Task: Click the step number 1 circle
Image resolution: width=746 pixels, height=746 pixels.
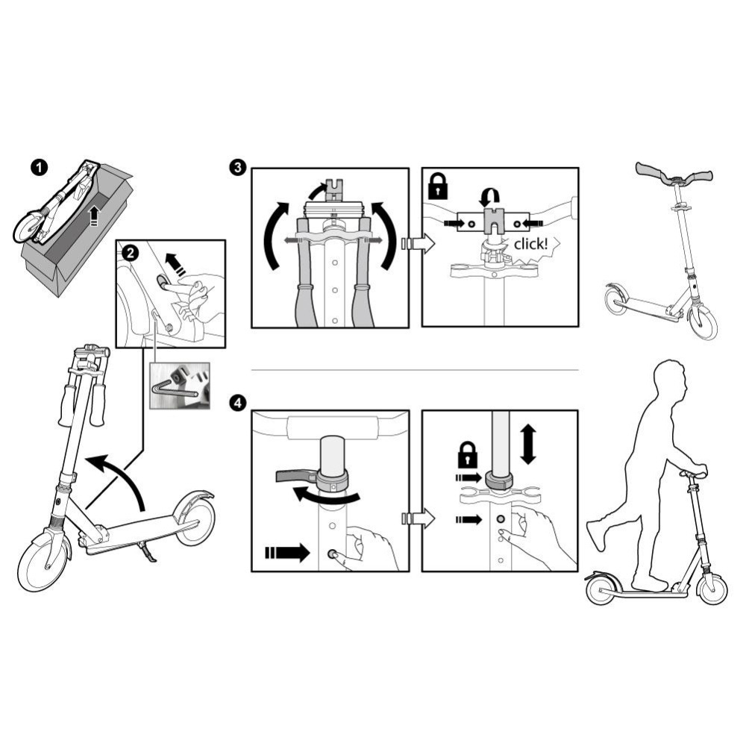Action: point(39,167)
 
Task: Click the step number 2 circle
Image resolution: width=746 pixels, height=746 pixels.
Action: point(131,253)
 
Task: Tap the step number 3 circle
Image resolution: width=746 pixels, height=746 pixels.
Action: point(237,167)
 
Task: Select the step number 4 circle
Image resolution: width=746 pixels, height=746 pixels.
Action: point(238,404)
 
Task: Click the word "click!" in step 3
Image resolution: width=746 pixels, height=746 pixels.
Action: point(531,244)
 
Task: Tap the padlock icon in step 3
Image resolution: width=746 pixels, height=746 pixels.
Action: point(438,186)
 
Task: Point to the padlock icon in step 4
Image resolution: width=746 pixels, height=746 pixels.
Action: point(468,454)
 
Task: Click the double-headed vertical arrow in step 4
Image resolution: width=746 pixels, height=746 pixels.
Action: point(528,445)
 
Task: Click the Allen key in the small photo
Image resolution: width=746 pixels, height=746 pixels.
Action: point(174,389)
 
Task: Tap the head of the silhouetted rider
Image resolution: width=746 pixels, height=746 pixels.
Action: point(671,377)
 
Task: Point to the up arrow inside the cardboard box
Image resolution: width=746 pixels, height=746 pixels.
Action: point(94,216)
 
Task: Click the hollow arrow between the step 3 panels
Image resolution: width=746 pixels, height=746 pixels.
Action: point(419,244)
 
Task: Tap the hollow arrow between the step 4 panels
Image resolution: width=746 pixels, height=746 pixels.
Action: point(419,518)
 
